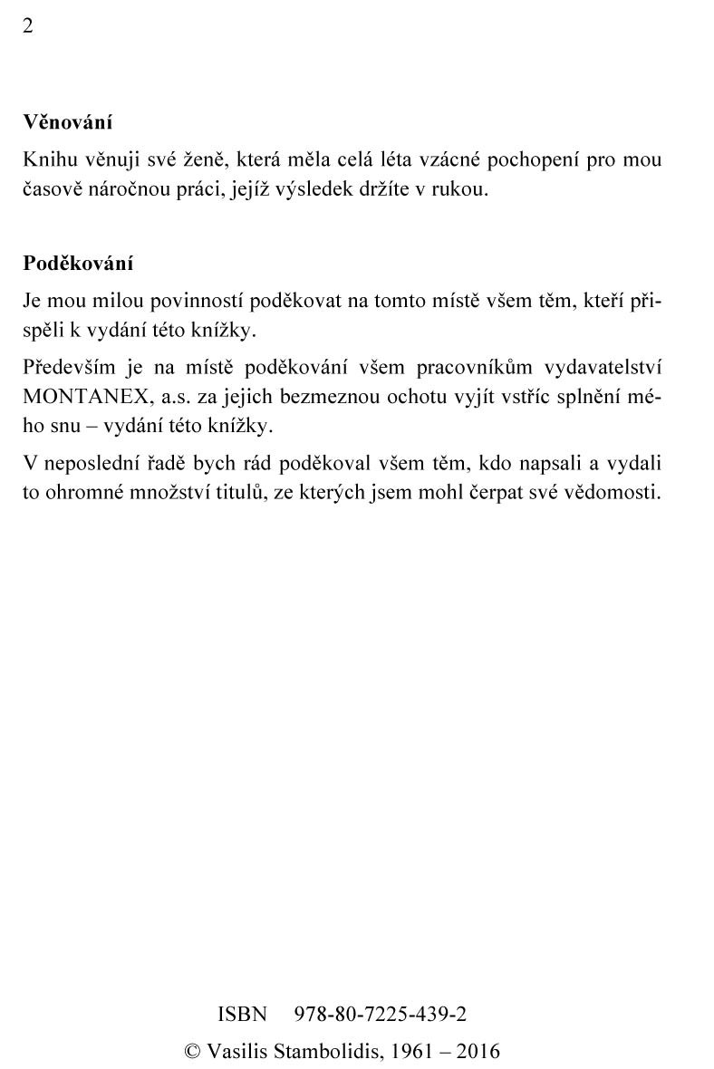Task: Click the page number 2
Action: [28, 25]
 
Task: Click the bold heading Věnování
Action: [67, 121]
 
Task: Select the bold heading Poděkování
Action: [78, 264]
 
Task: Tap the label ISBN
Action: [242, 1014]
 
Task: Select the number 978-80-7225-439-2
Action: [381, 1014]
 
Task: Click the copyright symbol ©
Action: [192, 1052]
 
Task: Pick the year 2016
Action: [478, 1052]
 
